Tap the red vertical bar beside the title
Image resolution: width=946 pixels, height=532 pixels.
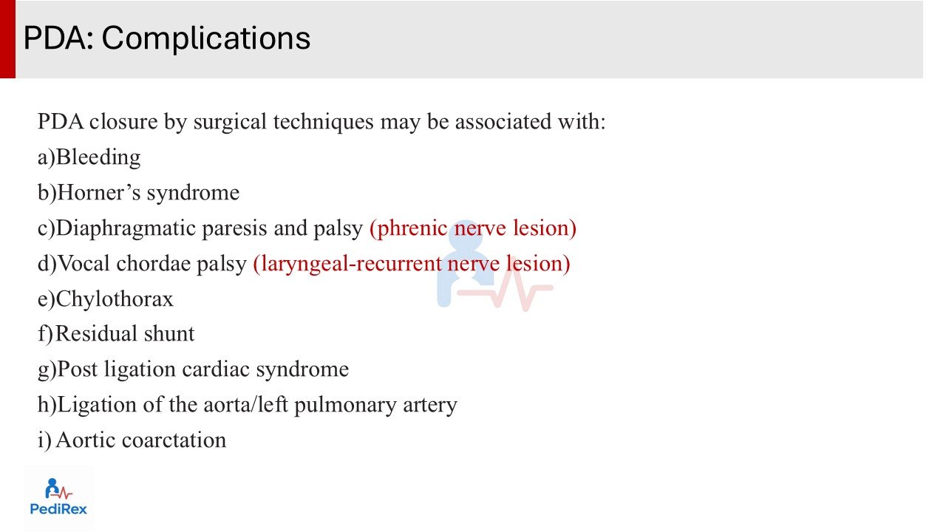(x=7, y=39)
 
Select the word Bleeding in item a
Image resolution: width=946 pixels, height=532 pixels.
(x=98, y=157)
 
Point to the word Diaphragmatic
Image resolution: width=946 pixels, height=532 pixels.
(x=126, y=229)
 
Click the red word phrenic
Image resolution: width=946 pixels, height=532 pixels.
(x=409, y=228)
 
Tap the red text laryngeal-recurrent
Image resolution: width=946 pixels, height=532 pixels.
(x=347, y=265)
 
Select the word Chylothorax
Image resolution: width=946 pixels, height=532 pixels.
(x=115, y=299)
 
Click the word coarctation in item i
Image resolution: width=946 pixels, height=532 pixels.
(x=174, y=440)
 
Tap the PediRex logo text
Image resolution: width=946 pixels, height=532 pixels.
(x=58, y=509)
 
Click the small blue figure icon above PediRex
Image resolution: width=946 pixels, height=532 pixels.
(x=52, y=488)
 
